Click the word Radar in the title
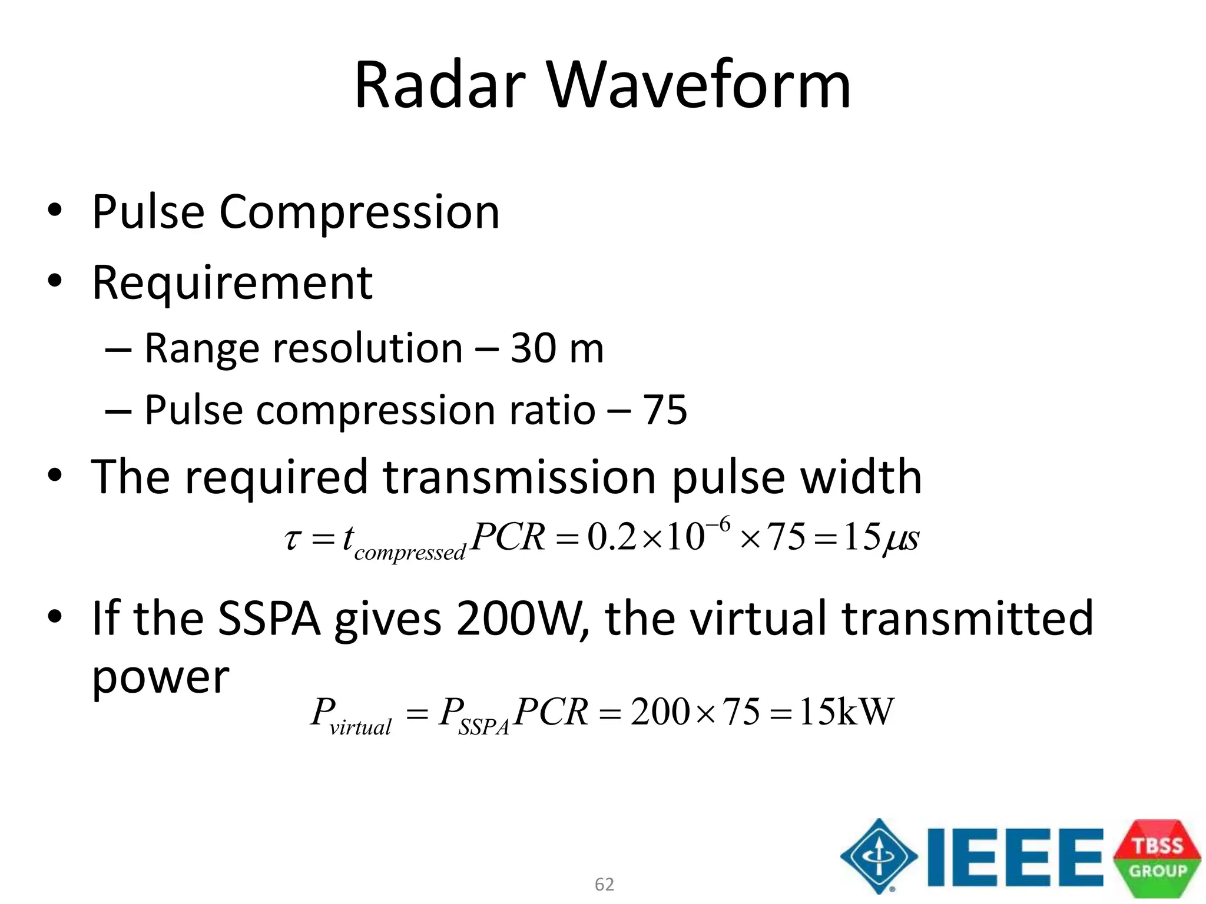click(x=440, y=85)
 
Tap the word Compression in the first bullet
click(x=359, y=212)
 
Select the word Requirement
click(x=233, y=283)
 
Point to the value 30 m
click(x=557, y=348)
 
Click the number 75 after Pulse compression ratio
click(x=665, y=410)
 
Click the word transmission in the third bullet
click(x=519, y=477)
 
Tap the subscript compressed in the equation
click(x=410, y=553)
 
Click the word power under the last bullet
click(x=160, y=677)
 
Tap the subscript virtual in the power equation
click(x=360, y=728)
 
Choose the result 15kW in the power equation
click(x=846, y=712)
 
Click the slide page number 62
click(x=604, y=884)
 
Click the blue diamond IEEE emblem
click(x=879, y=856)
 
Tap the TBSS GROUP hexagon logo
click(x=1157, y=858)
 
